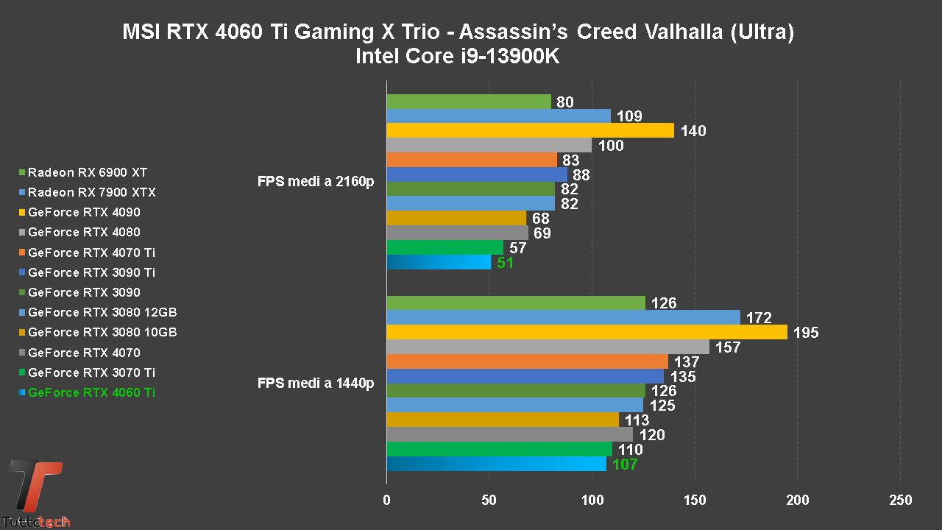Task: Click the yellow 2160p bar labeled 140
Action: [530, 130]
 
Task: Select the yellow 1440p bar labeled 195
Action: [587, 332]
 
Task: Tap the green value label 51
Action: [505, 263]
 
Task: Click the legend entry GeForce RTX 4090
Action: [84, 212]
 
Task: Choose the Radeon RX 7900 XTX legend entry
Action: [91, 192]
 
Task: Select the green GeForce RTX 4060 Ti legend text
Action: [91, 392]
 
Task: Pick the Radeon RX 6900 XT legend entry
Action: [88, 172]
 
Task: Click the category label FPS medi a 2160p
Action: [316, 181]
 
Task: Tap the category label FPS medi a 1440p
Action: [316, 383]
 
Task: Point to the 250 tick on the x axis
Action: [900, 501]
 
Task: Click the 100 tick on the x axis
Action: [592, 501]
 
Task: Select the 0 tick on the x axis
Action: [387, 501]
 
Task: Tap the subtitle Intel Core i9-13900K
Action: [457, 57]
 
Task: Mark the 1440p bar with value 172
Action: [563, 317]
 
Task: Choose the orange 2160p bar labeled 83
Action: [472, 160]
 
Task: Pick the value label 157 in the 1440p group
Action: [727, 347]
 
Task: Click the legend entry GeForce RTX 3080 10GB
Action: [102, 332]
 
